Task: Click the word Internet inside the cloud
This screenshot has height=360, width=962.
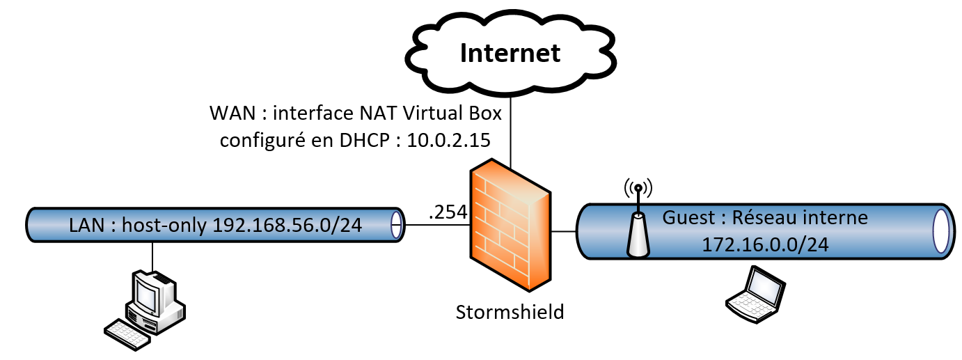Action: [x=511, y=53]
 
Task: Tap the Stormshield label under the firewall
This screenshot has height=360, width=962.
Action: [x=510, y=311]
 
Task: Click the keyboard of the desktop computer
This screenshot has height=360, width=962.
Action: [x=127, y=333]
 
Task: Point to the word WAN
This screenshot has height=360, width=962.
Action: [x=228, y=112]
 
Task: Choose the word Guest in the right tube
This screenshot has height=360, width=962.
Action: [x=688, y=217]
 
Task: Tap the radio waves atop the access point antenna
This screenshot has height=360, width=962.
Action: [x=638, y=187]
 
